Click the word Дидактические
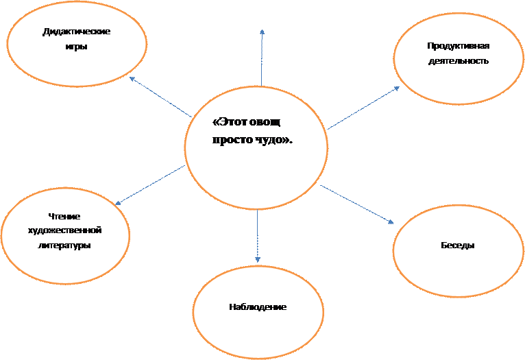pos(77,32)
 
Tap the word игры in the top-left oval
pos(77,47)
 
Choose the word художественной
pos(65,230)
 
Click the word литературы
pos(65,245)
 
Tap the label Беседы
pos(459,245)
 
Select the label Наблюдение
pos(258,307)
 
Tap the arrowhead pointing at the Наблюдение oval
pos(258,260)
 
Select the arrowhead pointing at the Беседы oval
pos(391,222)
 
